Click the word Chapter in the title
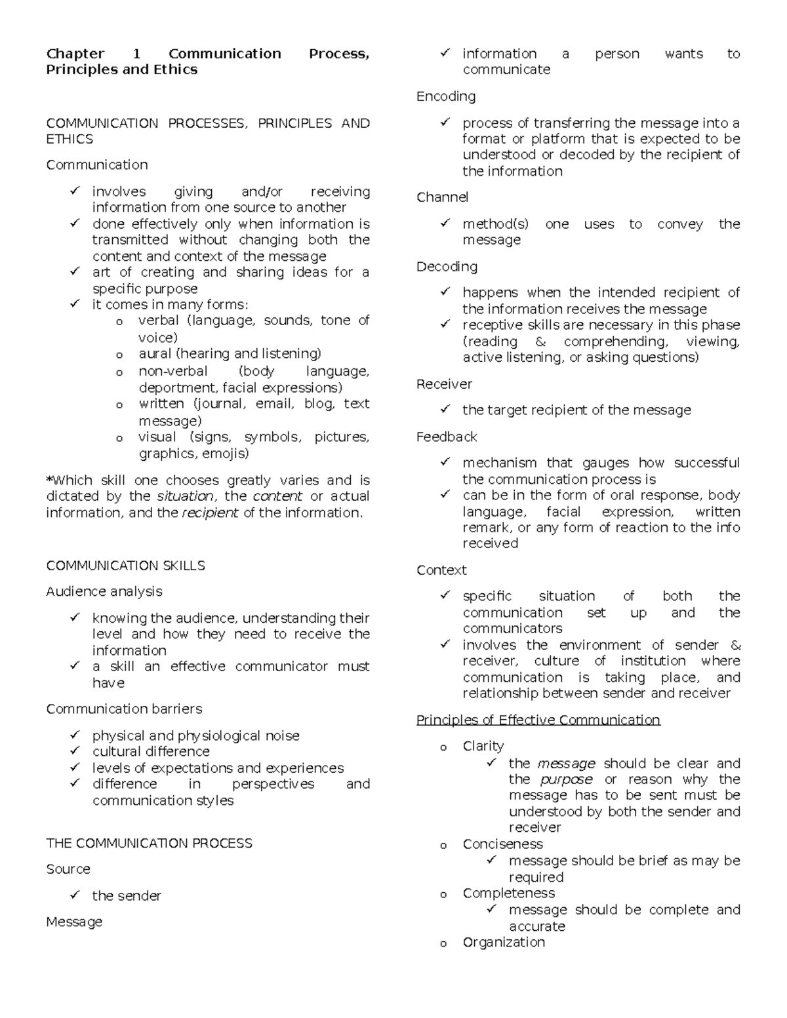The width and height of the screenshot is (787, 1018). pos(75,54)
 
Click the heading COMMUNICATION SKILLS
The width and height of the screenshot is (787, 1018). pos(125,566)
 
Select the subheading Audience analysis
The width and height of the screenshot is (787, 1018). pos(104,591)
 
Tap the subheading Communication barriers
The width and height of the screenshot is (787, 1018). pos(124,709)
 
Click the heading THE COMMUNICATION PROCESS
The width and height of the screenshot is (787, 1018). pos(149,843)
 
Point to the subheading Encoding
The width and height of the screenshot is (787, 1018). pos(446,96)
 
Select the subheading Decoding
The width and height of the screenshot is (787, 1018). pos(447,266)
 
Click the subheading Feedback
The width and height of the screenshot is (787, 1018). pos(447,437)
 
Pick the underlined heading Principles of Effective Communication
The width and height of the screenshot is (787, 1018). pos(538,720)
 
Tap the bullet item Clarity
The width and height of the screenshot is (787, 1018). pos(483,746)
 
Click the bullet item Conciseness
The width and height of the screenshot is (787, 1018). pos(502,844)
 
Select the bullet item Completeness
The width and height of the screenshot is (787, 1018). pos(508,893)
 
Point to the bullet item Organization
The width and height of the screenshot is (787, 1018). pos(504,942)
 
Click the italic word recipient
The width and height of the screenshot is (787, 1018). pos(210,513)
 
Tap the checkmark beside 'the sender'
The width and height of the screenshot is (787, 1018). pos(75,895)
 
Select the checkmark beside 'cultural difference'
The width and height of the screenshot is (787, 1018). pos(75,751)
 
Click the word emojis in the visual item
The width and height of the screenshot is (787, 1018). pos(225,454)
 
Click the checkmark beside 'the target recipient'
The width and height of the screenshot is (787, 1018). pos(445,409)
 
